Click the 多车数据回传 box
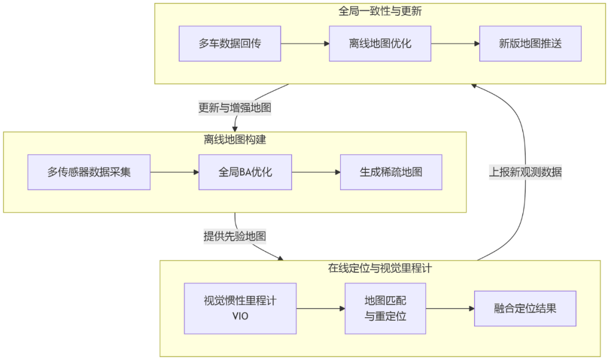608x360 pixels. pos(230,43)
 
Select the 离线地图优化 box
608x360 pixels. pos(380,43)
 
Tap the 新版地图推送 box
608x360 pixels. pos(530,43)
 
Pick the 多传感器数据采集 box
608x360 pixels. pos(89,172)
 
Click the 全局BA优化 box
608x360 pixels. pos(245,172)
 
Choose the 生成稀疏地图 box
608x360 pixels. pos(391,172)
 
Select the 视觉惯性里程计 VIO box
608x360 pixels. pos(240,308)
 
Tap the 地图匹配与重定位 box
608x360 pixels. pos(385,308)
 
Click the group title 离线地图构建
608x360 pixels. pos(235,139)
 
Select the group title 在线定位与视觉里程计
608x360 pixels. pos(380,268)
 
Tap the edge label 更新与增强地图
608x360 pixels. pos(235,107)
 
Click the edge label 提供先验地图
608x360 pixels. pos(235,236)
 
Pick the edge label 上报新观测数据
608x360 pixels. pos(525,173)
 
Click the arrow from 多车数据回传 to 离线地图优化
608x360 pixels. pos(305,43)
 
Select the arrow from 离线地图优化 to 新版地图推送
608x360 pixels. pos(455,43)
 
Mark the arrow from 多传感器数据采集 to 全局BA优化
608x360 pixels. pos(175,172)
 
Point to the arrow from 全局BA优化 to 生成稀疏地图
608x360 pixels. pos(316,172)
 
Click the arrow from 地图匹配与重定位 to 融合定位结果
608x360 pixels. pos(450,308)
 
